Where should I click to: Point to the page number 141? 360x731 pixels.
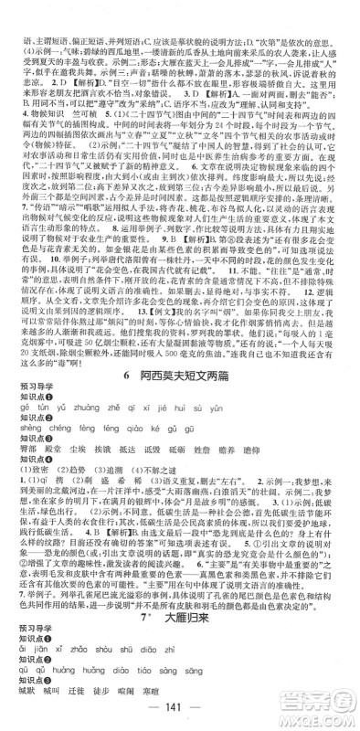[180, 714]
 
